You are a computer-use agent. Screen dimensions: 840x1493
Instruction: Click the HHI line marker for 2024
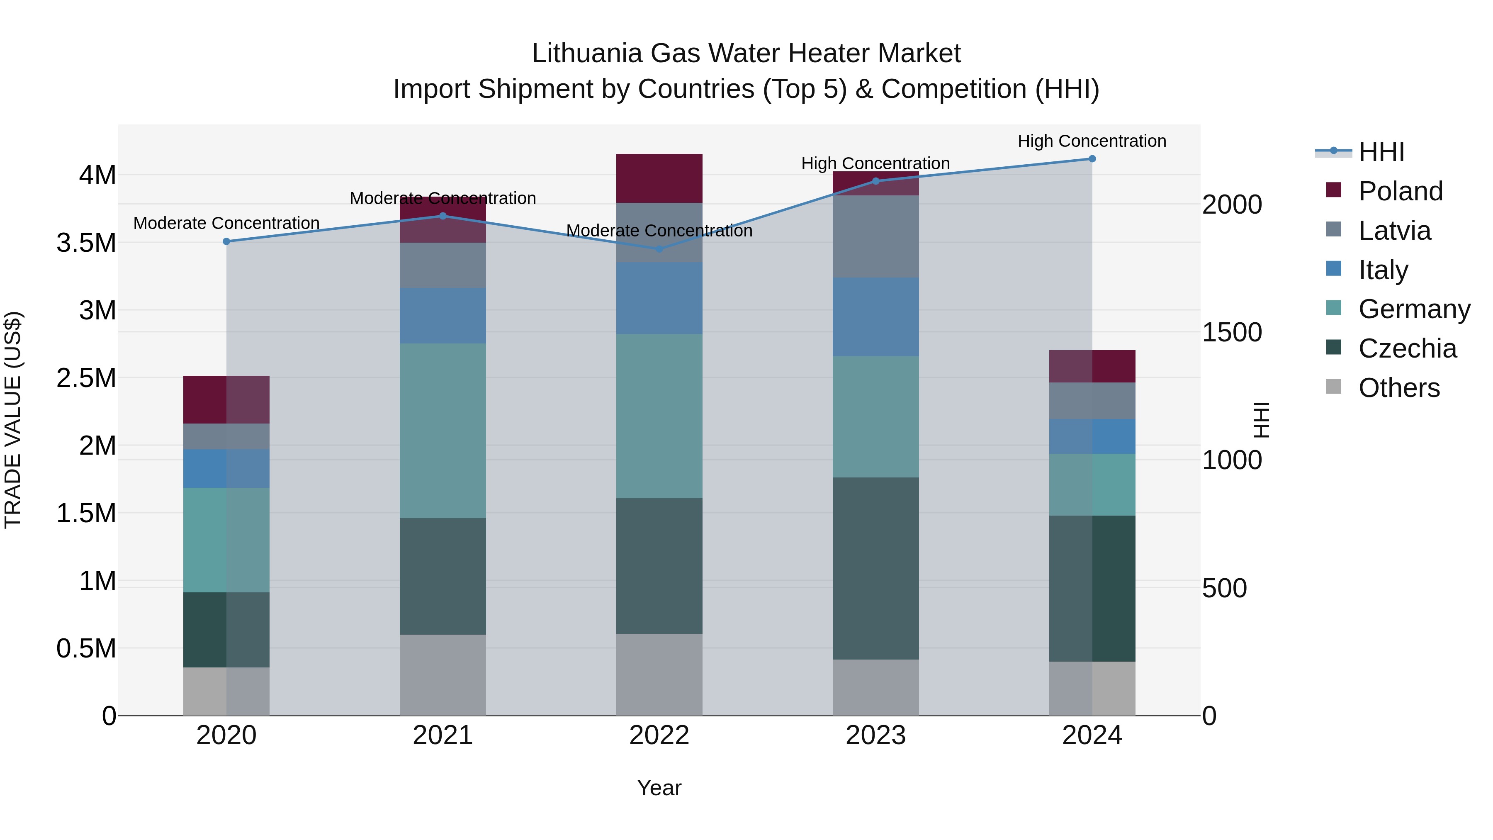click(x=1092, y=159)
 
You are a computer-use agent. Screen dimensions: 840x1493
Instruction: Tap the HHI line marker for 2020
click(x=226, y=241)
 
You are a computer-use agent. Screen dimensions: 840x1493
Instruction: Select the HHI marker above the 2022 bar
click(x=659, y=249)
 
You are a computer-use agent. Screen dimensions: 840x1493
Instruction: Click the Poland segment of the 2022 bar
click(x=659, y=178)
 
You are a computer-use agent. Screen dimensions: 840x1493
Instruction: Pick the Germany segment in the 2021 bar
click(x=443, y=431)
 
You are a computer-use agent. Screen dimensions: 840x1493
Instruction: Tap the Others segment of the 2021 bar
click(x=443, y=675)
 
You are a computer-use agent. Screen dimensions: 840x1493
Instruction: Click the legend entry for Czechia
click(x=1407, y=348)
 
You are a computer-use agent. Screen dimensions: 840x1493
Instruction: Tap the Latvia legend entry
click(x=1394, y=231)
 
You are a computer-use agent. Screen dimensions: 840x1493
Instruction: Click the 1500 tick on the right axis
click(x=1232, y=332)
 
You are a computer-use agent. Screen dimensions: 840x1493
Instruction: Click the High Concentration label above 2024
click(x=1092, y=141)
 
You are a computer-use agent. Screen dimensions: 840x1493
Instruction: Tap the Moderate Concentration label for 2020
click(x=226, y=223)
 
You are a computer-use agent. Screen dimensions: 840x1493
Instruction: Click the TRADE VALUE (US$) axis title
click(x=13, y=420)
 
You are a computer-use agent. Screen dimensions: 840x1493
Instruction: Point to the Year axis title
click(x=659, y=788)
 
